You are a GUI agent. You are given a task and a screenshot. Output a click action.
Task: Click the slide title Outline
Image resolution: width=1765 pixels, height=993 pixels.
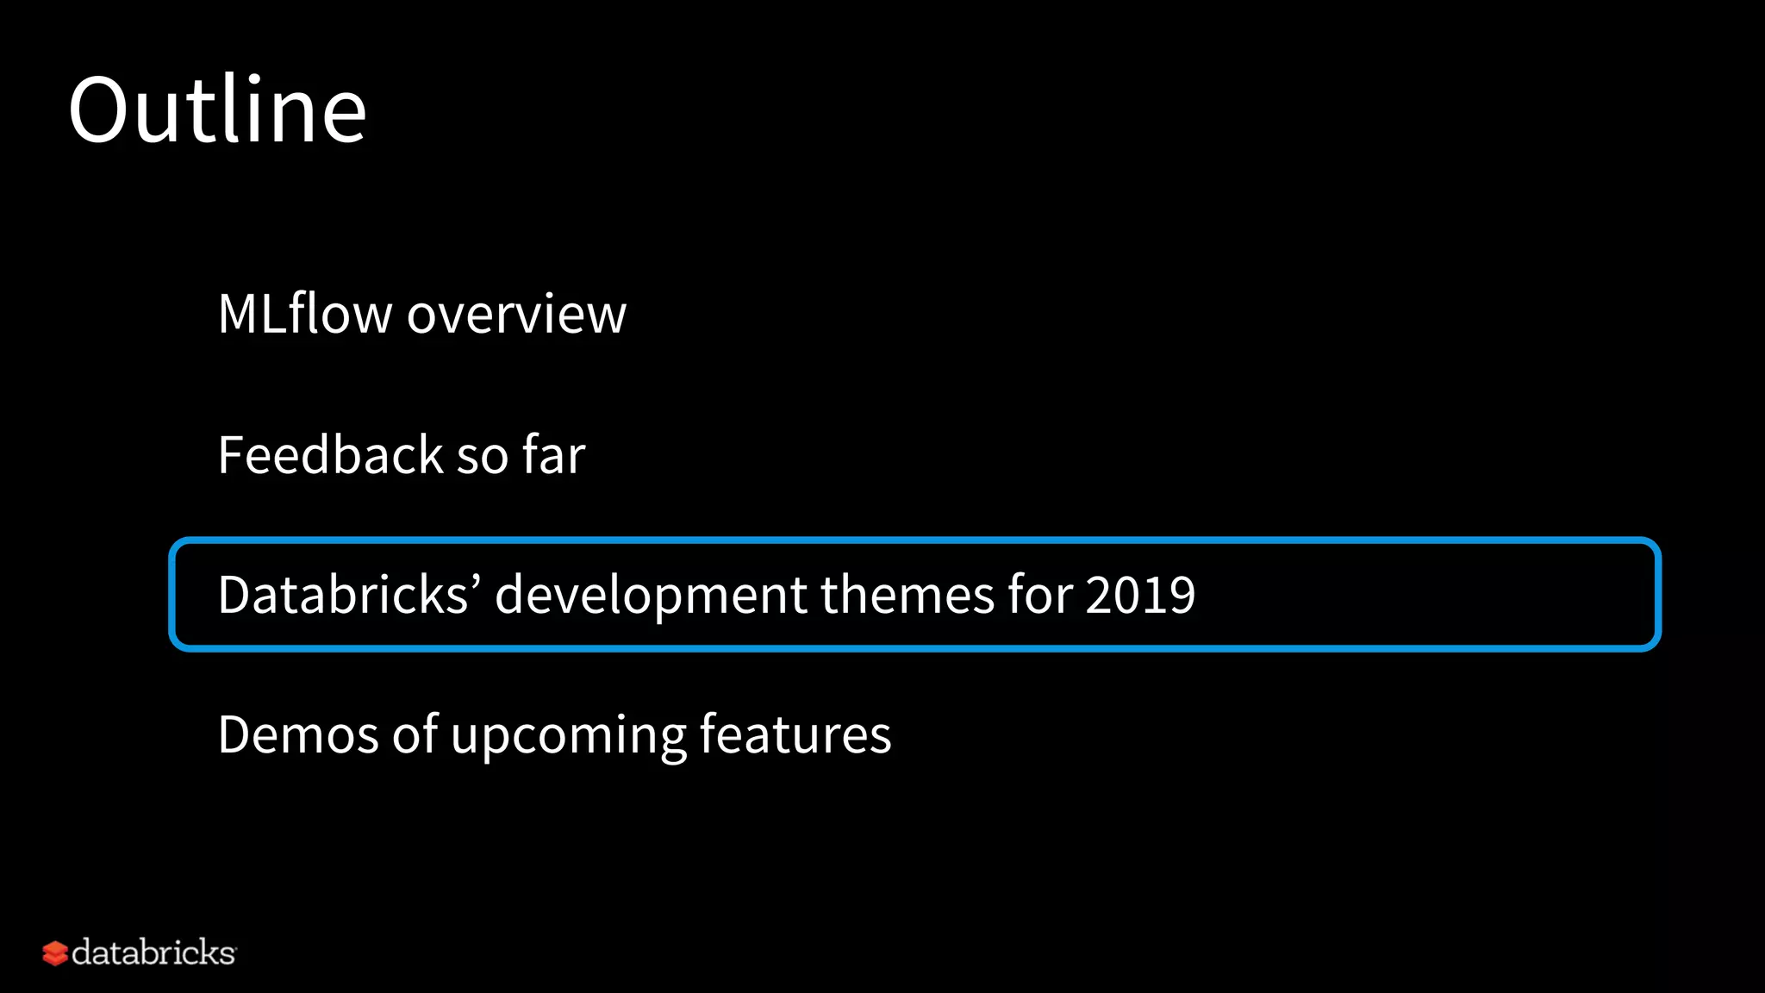pos(217,110)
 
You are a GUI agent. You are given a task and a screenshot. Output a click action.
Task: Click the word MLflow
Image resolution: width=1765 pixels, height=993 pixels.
pos(304,313)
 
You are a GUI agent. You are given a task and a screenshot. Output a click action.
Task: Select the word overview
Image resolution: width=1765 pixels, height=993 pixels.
pos(516,315)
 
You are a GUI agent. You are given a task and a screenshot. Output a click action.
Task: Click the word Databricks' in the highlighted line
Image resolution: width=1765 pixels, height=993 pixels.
pos(345,594)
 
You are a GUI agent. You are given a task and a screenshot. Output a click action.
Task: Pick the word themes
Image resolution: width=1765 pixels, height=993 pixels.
pos(907,594)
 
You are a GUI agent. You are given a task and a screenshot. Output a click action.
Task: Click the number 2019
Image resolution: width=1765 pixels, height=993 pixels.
pos(1140,594)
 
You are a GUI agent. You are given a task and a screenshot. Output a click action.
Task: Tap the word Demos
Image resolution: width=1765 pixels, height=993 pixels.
pos(298,734)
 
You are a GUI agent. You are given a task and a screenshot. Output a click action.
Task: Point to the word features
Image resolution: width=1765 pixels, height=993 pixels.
pos(795,734)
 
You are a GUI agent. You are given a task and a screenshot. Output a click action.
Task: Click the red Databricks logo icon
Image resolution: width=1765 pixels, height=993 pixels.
pos(55,953)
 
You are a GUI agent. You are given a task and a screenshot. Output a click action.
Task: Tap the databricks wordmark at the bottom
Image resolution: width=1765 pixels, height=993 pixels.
pos(153,952)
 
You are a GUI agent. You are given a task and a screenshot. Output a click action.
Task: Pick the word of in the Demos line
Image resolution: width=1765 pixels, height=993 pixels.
pos(415,734)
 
